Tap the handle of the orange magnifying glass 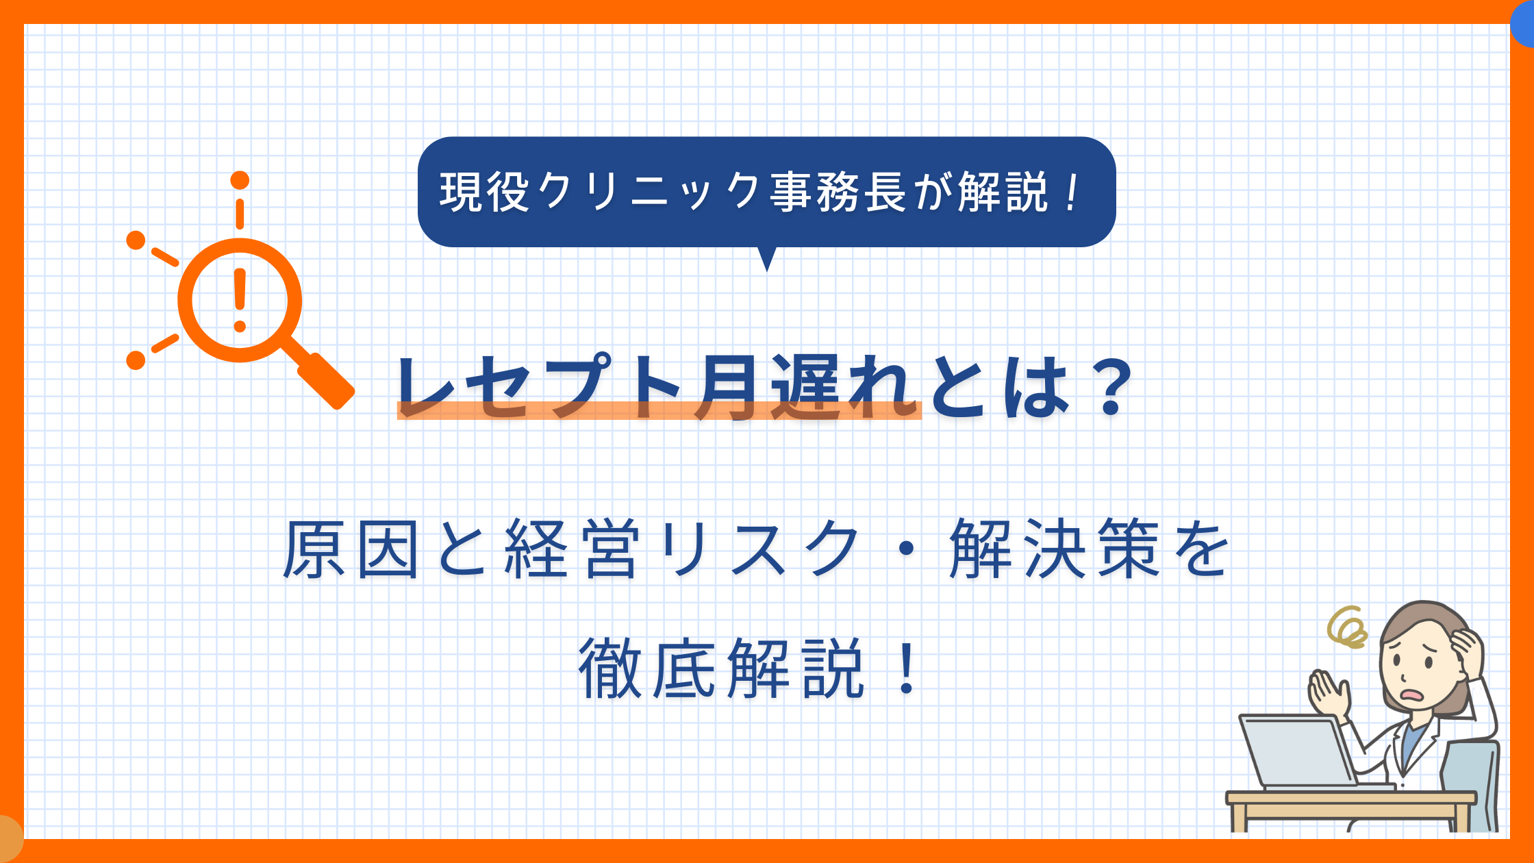pyautogui.click(x=326, y=381)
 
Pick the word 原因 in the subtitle pyautogui.click(x=351, y=549)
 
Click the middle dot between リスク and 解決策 pyautogui.click(x=905, y=550)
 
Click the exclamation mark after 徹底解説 pyautogui.click(x=907, y=668)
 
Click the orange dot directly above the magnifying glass pyautogui.click(x=240, y=180)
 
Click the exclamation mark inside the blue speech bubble pyautogui.click(x=1071, y=192)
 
